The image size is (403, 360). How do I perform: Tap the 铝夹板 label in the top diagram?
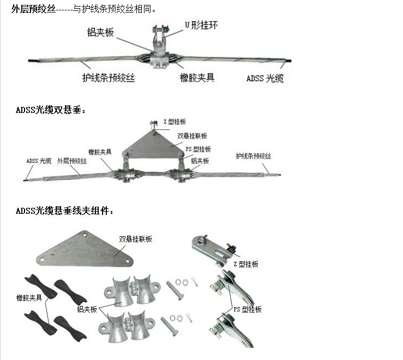coord(100,33)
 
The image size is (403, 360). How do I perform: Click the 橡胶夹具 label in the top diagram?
coord(197,77)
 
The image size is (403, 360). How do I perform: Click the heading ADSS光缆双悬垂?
coord(51,110)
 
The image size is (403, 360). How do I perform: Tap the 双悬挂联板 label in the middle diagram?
coord(192,136)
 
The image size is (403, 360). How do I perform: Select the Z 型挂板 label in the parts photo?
coord(245,264)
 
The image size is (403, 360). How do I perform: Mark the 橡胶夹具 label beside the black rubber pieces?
coord(29,298)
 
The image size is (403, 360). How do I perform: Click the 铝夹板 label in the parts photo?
coord(87,309)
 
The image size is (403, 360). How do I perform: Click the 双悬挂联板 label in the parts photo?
coord(135,239)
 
